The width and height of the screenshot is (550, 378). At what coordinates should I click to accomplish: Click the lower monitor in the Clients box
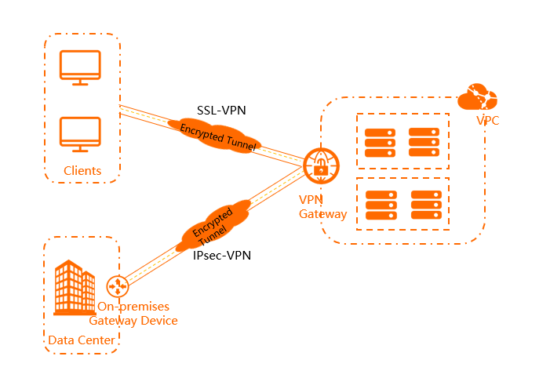[81, 134]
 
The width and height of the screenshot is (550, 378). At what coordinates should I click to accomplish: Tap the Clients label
[82, 171]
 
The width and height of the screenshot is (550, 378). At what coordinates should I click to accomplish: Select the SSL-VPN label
[221, 111]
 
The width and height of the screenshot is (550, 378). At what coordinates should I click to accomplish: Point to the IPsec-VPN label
[221, 256]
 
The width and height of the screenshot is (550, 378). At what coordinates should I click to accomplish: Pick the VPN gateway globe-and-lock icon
[321, 165]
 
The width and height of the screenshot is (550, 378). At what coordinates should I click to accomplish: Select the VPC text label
[487, 121]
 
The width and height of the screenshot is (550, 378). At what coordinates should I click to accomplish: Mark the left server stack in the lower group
[381, 205]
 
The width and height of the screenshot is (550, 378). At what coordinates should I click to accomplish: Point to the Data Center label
[82, 340]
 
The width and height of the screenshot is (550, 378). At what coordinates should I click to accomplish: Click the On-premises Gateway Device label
[133, 314]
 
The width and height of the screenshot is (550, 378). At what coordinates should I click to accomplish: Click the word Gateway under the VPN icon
[322, 214]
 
